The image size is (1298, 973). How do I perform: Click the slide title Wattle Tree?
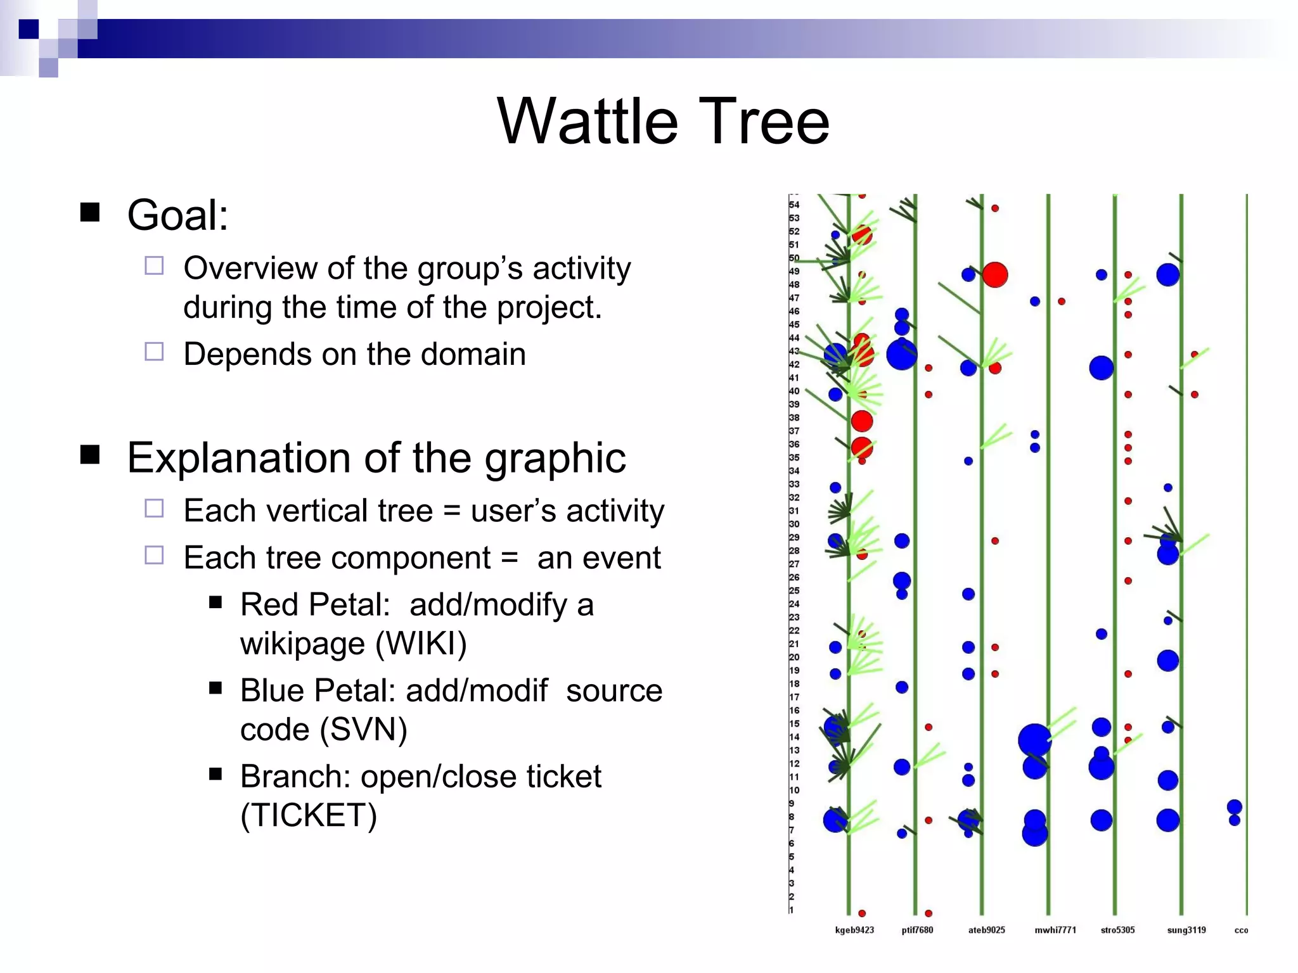[663, 122]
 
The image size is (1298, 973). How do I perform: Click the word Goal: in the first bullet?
[177, 215]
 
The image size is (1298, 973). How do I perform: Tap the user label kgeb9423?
[854, 930]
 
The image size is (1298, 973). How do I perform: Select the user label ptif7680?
[917, 930]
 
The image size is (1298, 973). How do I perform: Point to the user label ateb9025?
[986, 930]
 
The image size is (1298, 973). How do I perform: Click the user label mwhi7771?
[1055, 930]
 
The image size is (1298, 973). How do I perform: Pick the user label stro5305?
[1117, 930]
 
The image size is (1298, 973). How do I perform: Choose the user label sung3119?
[1186, 930]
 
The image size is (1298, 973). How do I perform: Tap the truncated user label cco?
[1241, 930]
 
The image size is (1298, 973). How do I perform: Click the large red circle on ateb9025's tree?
[995, 275]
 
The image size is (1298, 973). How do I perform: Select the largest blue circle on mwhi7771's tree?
[1034, 740]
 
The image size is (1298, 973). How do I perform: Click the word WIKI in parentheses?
[421, 644]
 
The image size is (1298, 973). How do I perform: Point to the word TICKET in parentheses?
[309, 816]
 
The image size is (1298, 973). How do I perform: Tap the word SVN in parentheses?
[363, 730]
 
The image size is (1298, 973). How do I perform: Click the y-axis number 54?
[794, 205]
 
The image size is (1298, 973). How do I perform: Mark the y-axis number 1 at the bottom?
[792, 910]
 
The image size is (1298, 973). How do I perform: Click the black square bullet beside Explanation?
[90, 455]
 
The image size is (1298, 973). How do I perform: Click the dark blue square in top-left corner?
[29, 29]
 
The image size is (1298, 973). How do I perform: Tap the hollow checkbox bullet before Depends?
[154, 352]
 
